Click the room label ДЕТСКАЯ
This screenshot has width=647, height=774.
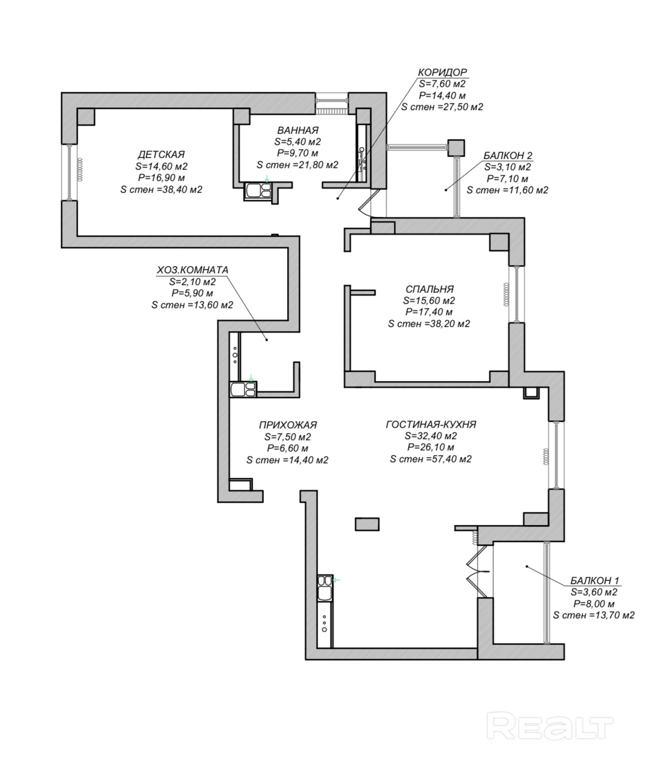[x=161, y=154]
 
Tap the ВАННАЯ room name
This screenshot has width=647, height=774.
[x=298, y=130]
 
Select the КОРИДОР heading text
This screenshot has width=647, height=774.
[x=443, y=72]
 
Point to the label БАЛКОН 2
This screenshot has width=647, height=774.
[x=508, y=155]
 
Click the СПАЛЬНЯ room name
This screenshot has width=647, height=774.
[x=430, y=289]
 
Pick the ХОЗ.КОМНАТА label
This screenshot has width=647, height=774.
[x=192, y=270]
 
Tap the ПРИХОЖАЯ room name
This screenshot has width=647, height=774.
[x=288, y=425]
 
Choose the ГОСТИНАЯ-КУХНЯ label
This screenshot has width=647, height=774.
[x=431, y=424]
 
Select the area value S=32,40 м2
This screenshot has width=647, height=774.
[x=431, y=435]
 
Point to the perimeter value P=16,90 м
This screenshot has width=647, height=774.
[x=161, y=178]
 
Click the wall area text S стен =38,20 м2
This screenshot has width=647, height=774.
[x=429, y=324]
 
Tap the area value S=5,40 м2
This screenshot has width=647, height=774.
[x=298, y=142]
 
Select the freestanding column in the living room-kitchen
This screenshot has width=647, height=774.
[x=367, y=524]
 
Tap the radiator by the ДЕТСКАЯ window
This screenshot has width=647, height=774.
[x=80, y=170]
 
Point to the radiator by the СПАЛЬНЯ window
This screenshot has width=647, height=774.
[x=506, y=294]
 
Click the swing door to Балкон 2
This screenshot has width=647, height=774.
[x=367, y=202]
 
